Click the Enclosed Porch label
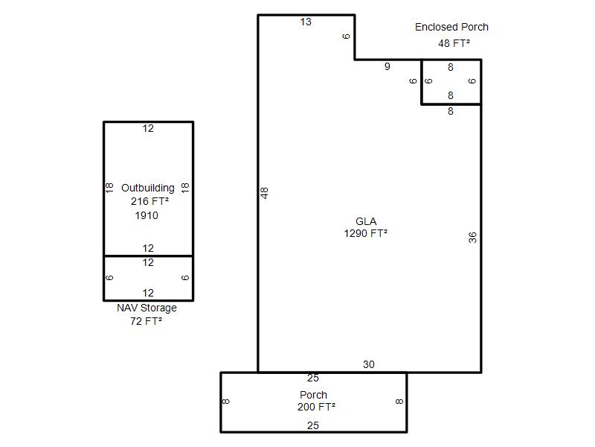(451, 27)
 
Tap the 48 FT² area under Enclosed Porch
(454, 43)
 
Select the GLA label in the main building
(366, 221)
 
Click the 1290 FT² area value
(365, 233)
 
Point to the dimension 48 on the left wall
(265, 193)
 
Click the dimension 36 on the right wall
(472, 238)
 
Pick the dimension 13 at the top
(306, 22)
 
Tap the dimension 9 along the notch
(387, 66)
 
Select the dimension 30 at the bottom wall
(368, 364)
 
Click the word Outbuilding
(147, 188)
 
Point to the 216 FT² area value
(149, 201)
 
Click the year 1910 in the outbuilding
(147, 215)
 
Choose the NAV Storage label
(147, 308)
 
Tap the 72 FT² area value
(146, 321)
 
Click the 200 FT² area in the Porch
(316, 407)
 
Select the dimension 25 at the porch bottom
(312, 425)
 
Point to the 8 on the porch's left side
(225, 402)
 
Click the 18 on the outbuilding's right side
(184, 188)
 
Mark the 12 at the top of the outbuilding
(148, 128)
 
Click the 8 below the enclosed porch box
(451, 111)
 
